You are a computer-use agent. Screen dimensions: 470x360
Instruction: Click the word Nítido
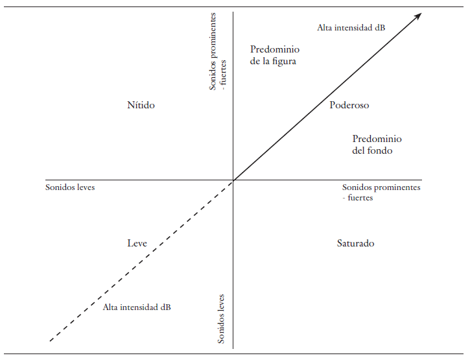click(141, 105)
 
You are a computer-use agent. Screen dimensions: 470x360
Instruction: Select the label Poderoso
click(349, 105)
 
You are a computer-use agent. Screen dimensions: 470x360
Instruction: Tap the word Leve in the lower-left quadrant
click(137, 243)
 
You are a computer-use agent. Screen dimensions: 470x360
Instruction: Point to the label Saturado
click(355, 243)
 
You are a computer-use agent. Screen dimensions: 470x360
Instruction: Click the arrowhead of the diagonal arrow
click(418, 15)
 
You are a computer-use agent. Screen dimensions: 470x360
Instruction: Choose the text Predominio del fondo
click(377, 145)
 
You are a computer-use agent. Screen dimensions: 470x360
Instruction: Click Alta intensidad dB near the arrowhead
click(351, 27)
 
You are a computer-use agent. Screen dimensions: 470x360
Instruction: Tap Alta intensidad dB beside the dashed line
click(137, 307)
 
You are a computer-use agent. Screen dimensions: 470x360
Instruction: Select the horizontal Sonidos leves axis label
click(70, 187)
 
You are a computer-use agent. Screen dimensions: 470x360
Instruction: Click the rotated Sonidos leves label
click(221, 318)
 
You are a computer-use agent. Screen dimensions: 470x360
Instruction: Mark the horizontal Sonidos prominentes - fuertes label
click(381, 193)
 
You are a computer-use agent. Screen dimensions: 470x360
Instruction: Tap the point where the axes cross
click(233, 180)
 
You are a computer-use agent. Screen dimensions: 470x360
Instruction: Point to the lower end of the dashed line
click(51, 340)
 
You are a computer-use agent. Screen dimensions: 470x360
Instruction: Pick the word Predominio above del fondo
click(377, 139)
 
